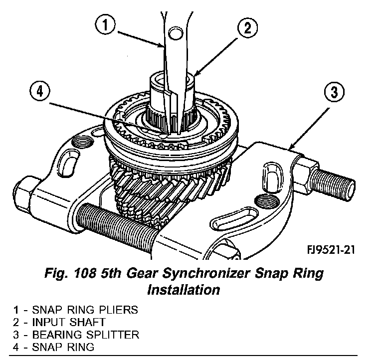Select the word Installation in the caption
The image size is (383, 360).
pyautogui.click(x=184, y=289)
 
